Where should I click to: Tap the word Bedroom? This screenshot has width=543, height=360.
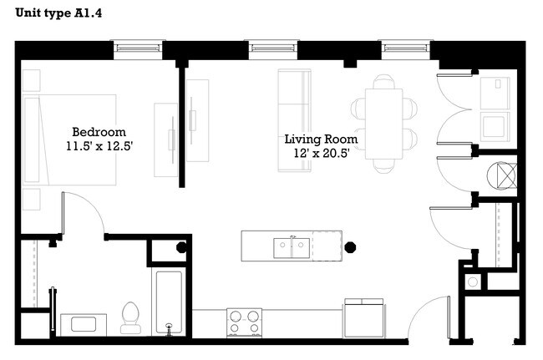tap(99, 132)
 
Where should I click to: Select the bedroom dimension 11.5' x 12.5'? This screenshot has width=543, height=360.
tap(99, 146)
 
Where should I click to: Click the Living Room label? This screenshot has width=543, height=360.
tap(321, 139)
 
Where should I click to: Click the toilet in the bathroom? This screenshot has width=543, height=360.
tap(130, 317)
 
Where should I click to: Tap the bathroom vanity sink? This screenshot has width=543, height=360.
tap(82, 323)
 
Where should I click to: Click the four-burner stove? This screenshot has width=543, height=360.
tap(244, 322)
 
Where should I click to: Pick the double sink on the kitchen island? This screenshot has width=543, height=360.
tap(292, 246)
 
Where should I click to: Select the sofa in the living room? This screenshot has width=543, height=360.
tap(294, 121)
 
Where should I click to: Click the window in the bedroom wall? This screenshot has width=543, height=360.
tap(138, 48)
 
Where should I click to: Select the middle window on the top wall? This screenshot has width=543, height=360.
tap(271, 48)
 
